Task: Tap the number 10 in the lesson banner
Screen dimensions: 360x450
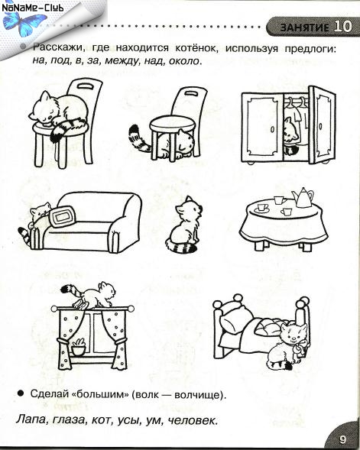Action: (342, 27)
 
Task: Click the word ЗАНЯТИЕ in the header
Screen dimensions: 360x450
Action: (304, 28)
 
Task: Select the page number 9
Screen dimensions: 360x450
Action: (342, 439)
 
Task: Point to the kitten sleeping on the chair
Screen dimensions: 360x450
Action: (59, 115)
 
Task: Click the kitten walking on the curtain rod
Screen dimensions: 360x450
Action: (89, 295)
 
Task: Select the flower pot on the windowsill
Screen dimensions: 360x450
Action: (79, 347)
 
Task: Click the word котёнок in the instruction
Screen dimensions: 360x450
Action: (196, 47)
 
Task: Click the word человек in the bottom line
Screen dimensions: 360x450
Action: (192, 420)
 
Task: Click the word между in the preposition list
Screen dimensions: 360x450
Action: (122, 61)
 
